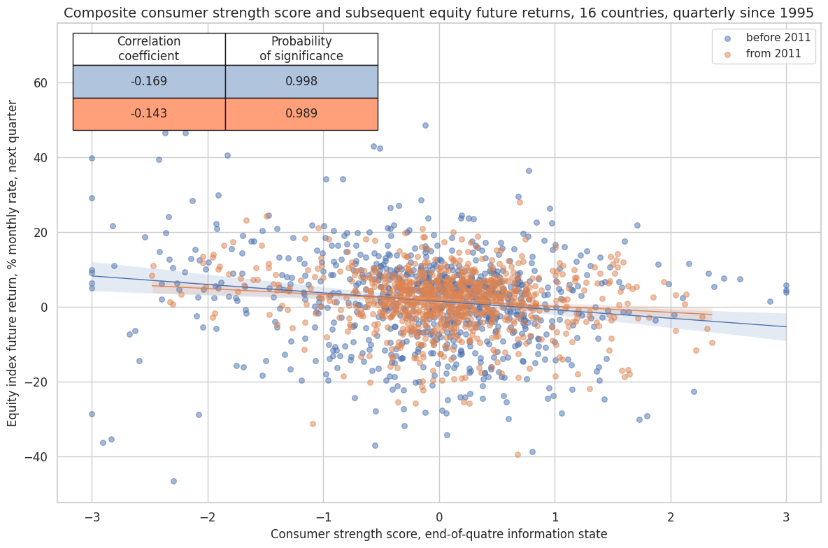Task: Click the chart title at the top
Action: click(439, 13)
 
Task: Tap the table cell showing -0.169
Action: click(149, 81)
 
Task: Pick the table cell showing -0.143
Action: click(149, 113)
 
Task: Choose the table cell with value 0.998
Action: click(301, 81)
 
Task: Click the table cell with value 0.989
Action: click(301, 113)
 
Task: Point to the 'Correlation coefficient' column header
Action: click(149, 49)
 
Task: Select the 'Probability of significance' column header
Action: click(301, 49)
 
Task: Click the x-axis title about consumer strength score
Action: click(439, 534)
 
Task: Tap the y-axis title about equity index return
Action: click(13, 263)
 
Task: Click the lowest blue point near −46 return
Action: click(173, 481)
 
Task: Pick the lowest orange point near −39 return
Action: click(517, 454)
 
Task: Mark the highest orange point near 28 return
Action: click(520, 202)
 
